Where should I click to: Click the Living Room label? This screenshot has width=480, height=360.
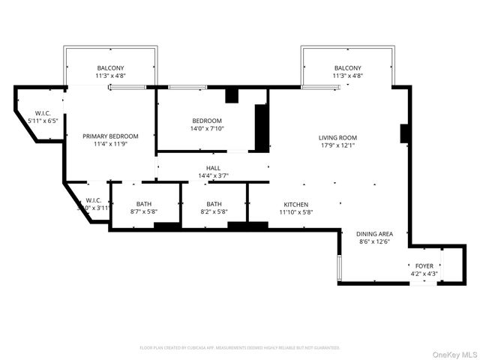click(x=337, y=137)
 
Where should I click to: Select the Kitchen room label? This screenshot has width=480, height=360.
click(x=295, y=204)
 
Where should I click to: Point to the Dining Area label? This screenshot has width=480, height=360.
click(x=374, y=233)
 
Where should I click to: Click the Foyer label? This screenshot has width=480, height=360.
click(x=424, y=265)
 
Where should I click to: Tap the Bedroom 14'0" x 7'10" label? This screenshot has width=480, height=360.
click(x=207, y=121)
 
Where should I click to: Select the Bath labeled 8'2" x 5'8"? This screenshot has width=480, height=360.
click(x=214, y=204)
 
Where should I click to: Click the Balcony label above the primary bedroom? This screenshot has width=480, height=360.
click(x=110, y=68)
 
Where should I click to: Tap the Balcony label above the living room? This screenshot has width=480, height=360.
click(x=347, y=68)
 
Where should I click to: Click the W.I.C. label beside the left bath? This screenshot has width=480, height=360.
click(x=94, y=200)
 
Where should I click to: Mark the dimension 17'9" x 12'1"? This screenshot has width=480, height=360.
click(x=337, y=146)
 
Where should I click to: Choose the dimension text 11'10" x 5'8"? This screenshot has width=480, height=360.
click(x=295, y=212)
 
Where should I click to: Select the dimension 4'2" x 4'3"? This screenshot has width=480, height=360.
click(x=424, y=274)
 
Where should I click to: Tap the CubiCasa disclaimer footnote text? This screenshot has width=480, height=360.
click(x=240, y=348)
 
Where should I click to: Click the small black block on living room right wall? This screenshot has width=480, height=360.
click(x=404, y=133)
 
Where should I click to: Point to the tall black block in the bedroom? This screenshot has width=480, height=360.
click(x=262, y=128)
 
